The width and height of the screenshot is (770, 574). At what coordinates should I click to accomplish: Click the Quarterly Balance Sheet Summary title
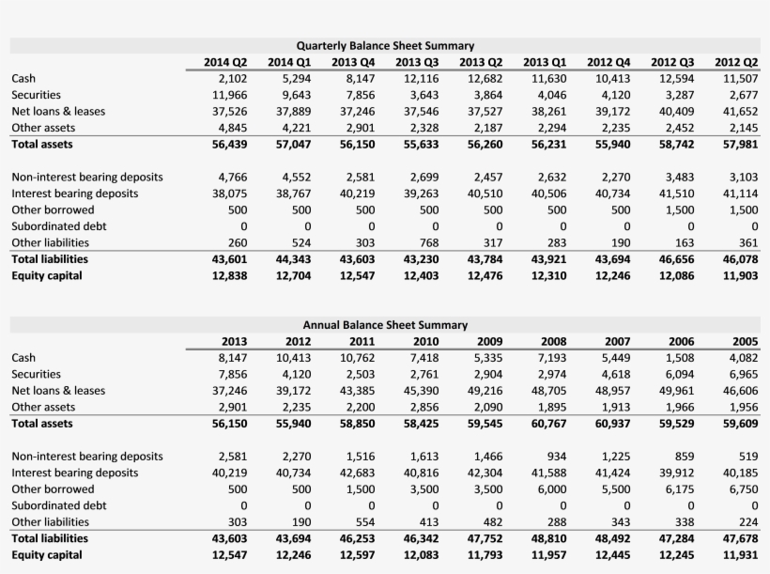point(385,45)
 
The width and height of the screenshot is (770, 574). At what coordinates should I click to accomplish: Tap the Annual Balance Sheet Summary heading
point(385,324)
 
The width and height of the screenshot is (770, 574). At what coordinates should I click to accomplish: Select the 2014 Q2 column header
point(225,62)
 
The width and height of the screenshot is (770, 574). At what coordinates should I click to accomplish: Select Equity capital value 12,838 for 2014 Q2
point(229,275)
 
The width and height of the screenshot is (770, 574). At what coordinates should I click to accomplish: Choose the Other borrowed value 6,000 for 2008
point(550,489)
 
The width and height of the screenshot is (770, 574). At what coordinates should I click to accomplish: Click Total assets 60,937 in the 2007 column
point(611,423)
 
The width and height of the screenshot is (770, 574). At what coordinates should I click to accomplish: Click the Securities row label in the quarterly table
point(37,95)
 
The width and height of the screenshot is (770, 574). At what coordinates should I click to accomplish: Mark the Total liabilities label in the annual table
point(50,538)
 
